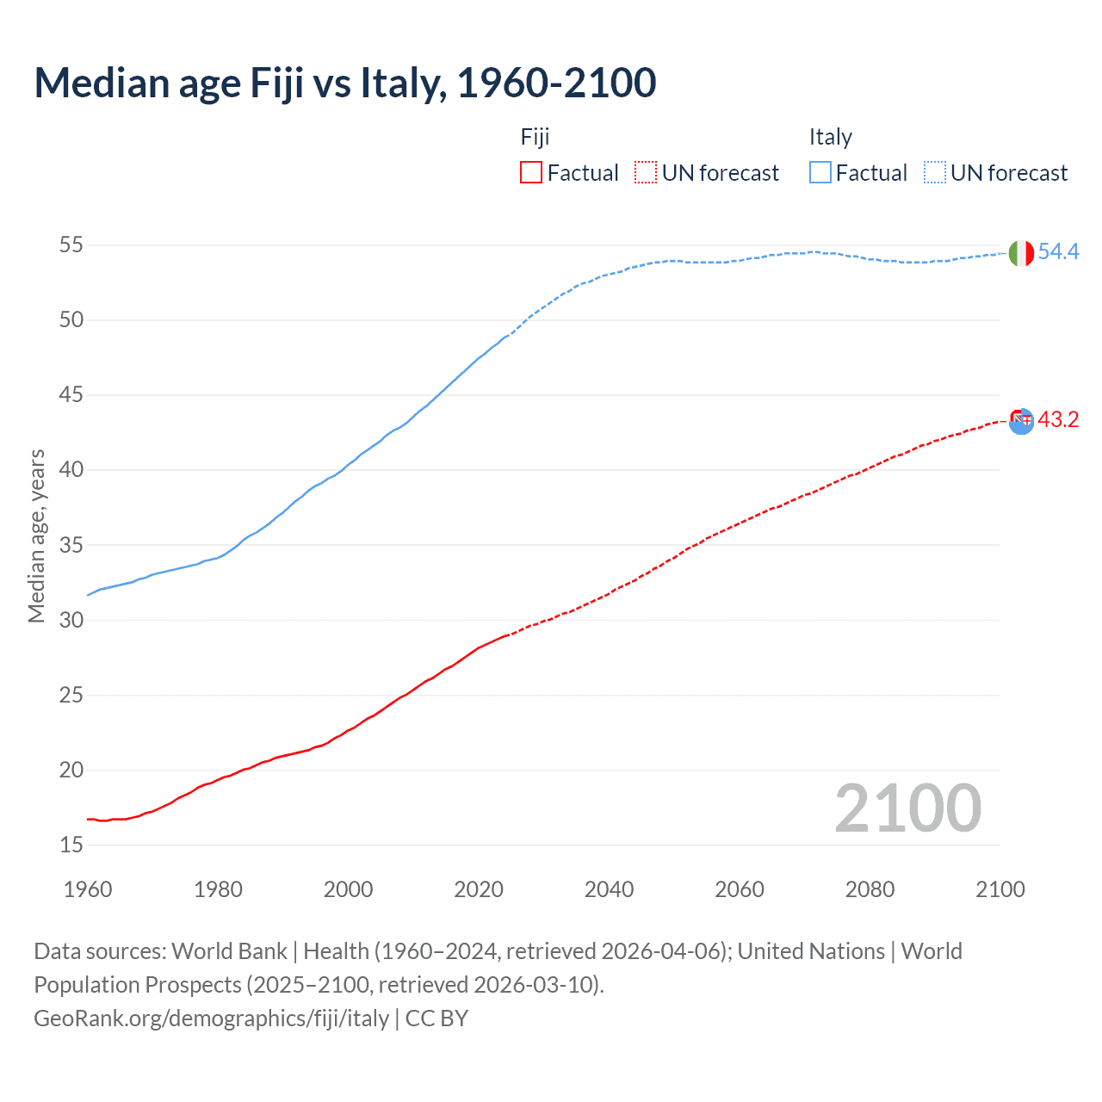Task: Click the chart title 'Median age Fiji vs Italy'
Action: tap(344, 83)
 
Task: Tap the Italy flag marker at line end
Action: tap(1020, 253)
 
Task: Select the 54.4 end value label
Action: tap(1058, 251)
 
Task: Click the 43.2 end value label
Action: tap(1058, 419)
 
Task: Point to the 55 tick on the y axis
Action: tap(71, 245)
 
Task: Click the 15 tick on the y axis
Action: tap(71, 845)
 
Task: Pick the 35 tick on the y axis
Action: tap(71, 545)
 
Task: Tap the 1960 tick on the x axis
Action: tap(88, 889)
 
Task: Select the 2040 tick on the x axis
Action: tap(609, 889)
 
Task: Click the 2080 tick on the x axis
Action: tap(870, 889)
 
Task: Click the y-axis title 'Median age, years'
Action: tap(36, 536)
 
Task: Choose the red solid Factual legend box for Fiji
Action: tap(531, 173)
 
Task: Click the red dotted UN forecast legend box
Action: tap(646, 173)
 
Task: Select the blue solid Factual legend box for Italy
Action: tap(820, 173)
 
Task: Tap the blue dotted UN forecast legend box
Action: tap(935, 173)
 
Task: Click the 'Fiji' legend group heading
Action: tap(535, 137)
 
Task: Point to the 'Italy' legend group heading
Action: tap(830, 137)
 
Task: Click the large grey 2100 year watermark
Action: tap(907, 808)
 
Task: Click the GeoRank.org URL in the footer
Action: tap(211, 1018)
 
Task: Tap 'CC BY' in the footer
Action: tap(436, 1018)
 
